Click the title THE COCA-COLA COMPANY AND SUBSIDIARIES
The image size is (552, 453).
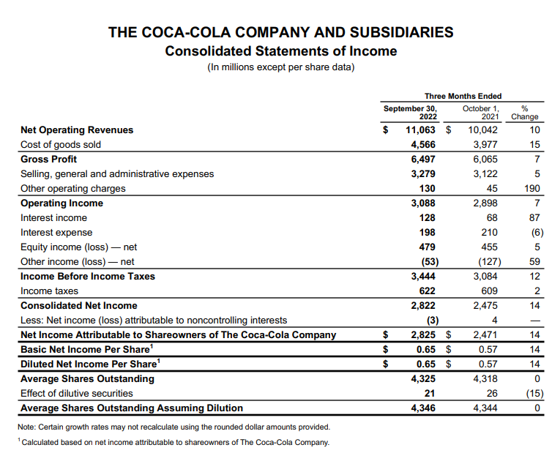coord(280,32)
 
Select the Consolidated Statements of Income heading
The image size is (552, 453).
coord(280,51)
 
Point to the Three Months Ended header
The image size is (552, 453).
coord(463,96)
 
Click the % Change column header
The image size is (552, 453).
coord(525,112)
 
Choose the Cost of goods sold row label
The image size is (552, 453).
coord(61,145)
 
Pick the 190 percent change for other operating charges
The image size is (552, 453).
coord(532,189)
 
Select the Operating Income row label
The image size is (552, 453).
coord(61,203)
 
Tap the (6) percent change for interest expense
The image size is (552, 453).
coord(534,233)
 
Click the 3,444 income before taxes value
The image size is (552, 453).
coord(422,277)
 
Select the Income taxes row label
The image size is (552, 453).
coord(49,291)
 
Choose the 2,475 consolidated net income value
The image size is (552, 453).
coord(484,306)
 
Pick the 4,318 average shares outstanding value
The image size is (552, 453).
coord(484,379)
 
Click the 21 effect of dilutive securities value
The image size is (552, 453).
coord(430,394)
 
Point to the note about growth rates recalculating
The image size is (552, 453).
coord(175,427)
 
